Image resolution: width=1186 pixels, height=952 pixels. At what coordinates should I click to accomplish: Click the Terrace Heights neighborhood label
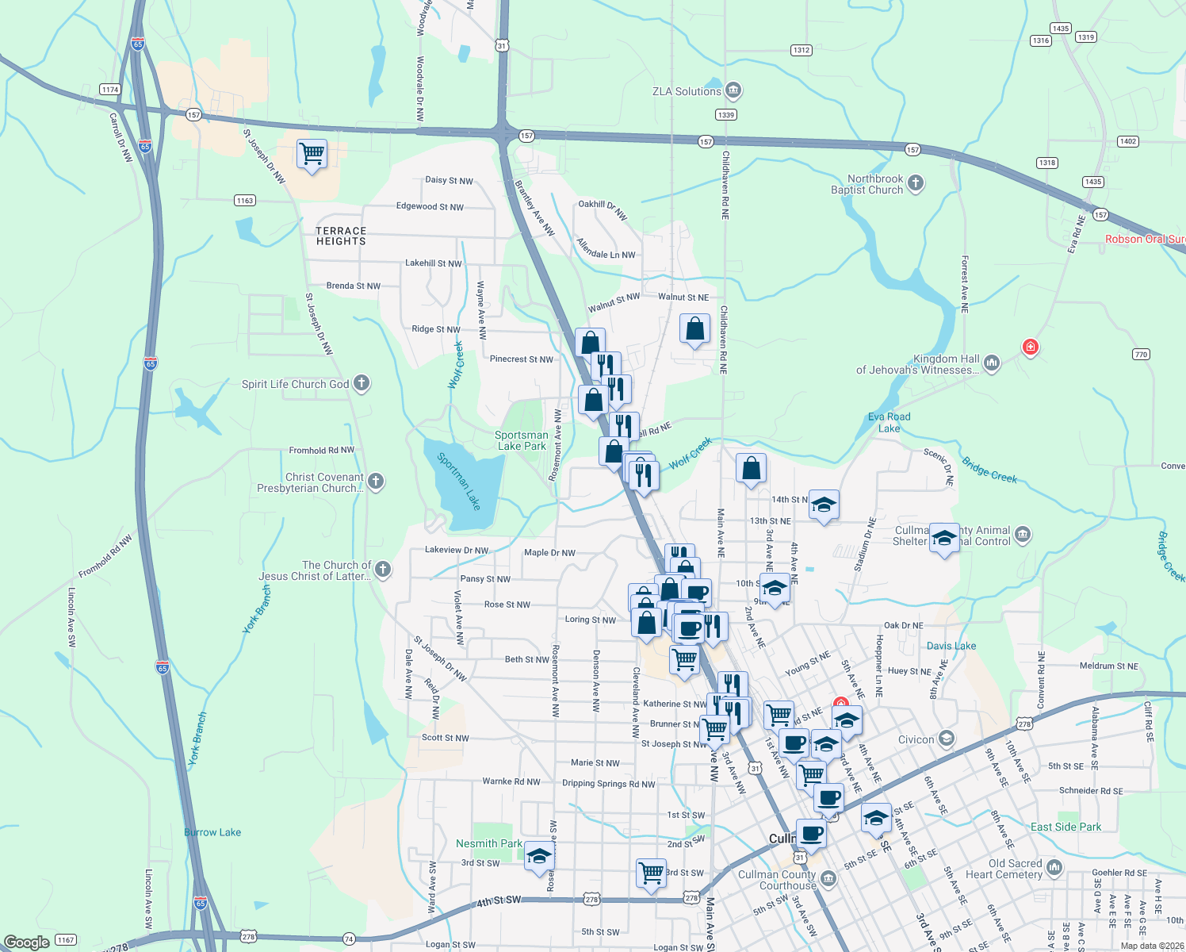click(x=341, y=236)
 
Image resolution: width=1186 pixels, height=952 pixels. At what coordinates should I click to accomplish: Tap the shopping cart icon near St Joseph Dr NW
click(x=312, y=153)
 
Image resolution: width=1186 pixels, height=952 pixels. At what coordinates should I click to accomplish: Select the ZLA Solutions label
click(x=687, y=91)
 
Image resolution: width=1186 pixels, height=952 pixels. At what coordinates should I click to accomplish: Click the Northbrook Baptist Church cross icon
click(x=916, y=184)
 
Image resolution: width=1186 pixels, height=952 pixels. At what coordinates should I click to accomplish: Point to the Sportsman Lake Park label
click(x=521, y=440)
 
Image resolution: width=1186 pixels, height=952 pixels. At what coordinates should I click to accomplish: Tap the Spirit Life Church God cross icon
click(x=362, y=384)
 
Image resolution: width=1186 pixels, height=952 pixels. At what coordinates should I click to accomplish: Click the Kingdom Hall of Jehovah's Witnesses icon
click(x=992, y=363)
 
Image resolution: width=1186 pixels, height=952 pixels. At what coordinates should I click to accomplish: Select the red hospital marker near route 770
click(x=1030, y=347)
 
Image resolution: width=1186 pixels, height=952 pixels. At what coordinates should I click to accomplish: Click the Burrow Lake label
click(x=212, y=832)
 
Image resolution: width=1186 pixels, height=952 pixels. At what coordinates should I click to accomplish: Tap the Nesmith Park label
click(x=488, y=843)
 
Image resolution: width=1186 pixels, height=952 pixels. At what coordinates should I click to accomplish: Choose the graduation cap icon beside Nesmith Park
click(x=539, y=856)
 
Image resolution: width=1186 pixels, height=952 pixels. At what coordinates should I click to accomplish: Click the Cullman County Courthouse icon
click(x=828, y=878)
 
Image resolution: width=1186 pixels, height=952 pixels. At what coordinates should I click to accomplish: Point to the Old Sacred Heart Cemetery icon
click(x=1054, y=867)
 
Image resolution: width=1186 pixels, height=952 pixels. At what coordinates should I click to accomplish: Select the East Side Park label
click(x=1065, y=827)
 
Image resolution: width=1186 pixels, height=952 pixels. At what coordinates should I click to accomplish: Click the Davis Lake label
click(x=951, y=646)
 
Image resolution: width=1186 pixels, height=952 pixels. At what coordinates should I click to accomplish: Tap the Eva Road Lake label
click(x=889, y=422)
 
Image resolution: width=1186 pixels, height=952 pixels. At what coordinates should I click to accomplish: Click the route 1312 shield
click(x=802, y=50)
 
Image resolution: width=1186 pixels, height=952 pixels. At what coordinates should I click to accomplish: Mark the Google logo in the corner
click(x=27, y=942)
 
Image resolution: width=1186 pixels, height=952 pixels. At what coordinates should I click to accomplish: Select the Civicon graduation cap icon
click(x=946, y=739)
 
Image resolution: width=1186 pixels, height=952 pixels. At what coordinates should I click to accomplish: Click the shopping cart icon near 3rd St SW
click(x=651, y=873)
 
